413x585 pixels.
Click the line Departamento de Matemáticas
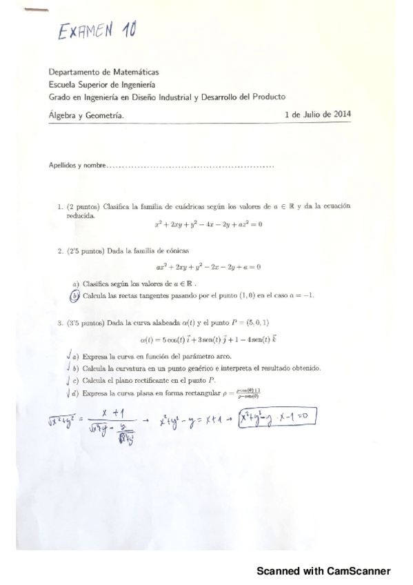click(x=103, y=72)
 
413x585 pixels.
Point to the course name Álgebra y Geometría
click(x=86, y=116)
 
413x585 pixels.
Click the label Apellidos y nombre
click(x=77, y=166)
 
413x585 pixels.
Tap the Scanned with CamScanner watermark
click(x=323, y=571)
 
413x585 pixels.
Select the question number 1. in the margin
click(x=61, y=206)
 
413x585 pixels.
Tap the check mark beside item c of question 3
click(x=72, y=380)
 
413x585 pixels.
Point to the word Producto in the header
click(x=269, y=97)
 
